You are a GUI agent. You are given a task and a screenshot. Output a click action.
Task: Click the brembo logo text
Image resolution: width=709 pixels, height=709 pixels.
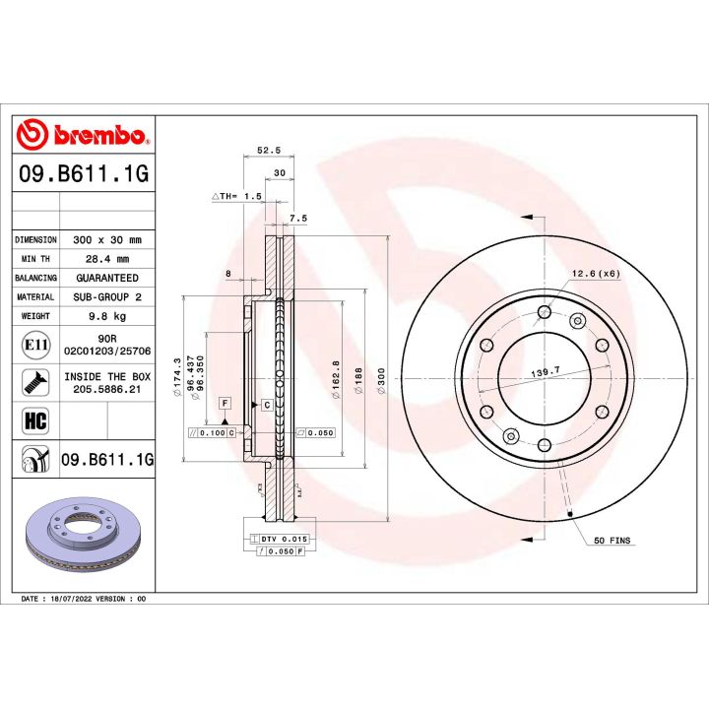pyautogui.click(x=96, y=135)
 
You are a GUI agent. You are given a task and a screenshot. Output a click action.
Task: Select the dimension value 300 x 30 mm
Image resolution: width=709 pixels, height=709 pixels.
pyautogui.click(x=107, y=239)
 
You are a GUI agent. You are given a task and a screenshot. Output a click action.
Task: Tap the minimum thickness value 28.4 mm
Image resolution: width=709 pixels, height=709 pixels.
pyautogui.click(x=107, y=259)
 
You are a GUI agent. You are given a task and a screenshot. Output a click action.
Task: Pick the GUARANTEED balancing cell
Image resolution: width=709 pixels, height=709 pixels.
pyautogui.click(x=107, y=278)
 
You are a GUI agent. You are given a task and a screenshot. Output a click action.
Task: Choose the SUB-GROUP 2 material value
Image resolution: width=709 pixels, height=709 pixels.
pyautogui.click(x=107, y=297)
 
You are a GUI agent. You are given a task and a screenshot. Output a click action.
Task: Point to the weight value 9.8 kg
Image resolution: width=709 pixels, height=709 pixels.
pyautogui.click(x=107, y=316)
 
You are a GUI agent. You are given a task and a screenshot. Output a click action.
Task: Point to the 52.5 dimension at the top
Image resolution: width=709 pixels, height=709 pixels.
pyautogui.click(x=269, y=151)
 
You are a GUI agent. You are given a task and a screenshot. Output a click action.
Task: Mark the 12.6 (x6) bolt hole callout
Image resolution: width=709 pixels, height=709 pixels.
pyautogui.click(x=594, y=274)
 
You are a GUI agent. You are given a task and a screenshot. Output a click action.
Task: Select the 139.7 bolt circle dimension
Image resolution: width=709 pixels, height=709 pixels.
pyautogui.click(x=545, y=371)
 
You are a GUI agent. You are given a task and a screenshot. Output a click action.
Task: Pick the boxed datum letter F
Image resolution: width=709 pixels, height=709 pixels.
pyautogui.click(x=225, y=404)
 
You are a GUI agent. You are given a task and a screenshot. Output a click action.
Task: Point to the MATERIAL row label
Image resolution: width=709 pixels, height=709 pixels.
pyautogui.click(x=35, y=297)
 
